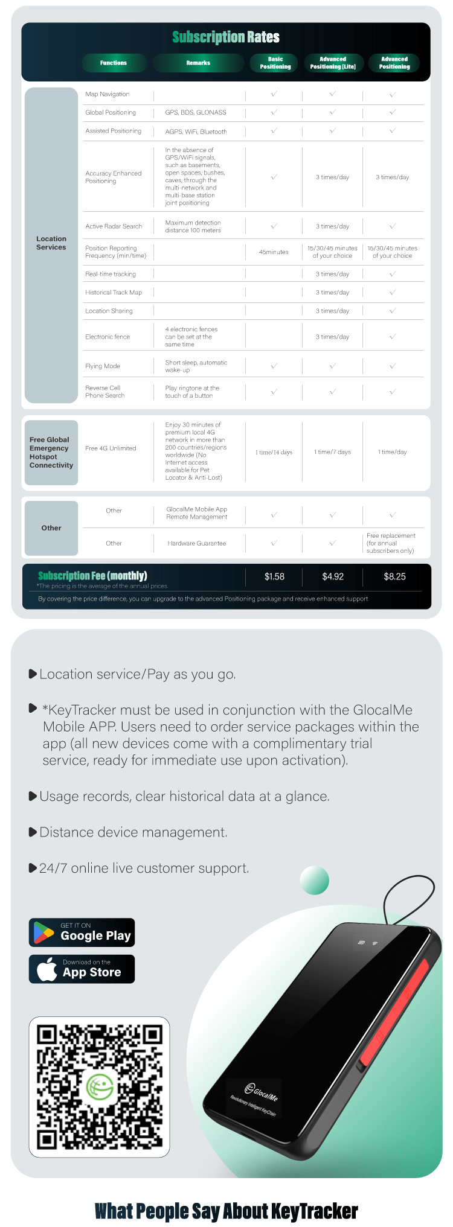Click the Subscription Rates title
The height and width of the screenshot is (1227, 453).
[x=226, y=37]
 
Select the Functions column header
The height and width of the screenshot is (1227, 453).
[x=114, y=63]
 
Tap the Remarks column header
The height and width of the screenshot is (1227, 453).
[x=198, y=63]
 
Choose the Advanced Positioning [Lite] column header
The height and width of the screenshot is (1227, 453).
[x=333, y=63]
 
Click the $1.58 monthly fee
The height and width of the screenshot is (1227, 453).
[x=274, y=577]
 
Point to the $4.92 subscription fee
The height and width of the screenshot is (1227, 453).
[x=333, y=577]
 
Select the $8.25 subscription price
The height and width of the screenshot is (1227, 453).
[x=394, y=577]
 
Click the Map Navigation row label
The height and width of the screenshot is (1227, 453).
[x=108, y=94]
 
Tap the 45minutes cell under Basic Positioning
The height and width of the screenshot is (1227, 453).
[x=274, y=252]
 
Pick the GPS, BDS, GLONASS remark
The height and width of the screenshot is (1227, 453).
[x=196, y=113]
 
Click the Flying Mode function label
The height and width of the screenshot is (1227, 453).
[x=103, y=366]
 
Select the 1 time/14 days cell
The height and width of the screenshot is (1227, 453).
[x=274, y=452]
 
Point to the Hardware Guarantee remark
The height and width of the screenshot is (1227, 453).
[x=197, y=544]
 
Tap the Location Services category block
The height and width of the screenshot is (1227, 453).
[x=51, y=243]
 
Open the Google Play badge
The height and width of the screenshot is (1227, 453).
[x=82, y=932]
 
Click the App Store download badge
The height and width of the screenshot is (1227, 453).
[x=82, y=969]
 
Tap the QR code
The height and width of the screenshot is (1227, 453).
[x=99, y=1087]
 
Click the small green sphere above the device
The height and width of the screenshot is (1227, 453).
[x=314, y=880]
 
